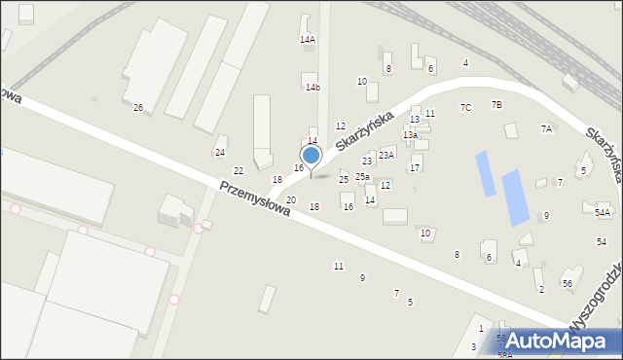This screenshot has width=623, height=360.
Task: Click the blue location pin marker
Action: [x=311, y=156]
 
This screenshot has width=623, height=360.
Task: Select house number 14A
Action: [x=308, y=40]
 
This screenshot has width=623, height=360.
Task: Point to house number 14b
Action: [x=312, y=88]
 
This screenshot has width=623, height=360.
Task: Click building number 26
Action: [x=138, y=107]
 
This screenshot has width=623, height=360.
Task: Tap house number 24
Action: [x=220, y=153]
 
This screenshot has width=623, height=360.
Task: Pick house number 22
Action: [x=238, y=171]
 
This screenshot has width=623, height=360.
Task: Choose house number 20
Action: [x=290, y=199]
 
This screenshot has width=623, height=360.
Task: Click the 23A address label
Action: [x=386, y=155]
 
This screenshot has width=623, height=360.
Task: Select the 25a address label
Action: [x=362, y=176]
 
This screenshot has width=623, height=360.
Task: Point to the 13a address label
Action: [x=410, y=135]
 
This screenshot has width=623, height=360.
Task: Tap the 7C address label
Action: [x=465, y=107]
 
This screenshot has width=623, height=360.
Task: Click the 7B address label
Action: [x=496, y=104]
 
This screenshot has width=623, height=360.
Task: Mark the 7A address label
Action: [x=546, y=128]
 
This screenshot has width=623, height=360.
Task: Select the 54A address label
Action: [x=603, y=212]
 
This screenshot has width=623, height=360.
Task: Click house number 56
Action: [x=567, y=282]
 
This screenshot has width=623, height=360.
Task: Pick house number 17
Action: [x=415, y=168]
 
